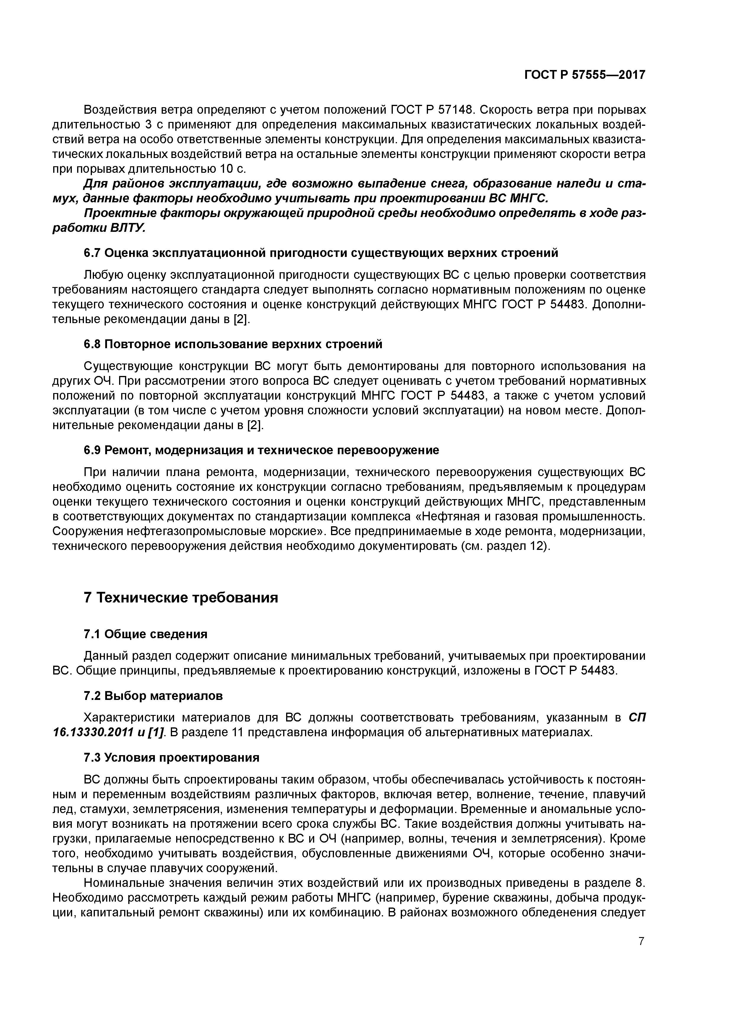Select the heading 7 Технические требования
(181, 598)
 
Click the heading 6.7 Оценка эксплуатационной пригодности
(321, 253)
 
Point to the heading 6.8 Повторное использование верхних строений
(233, 344)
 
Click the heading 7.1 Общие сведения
(145, 634)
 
